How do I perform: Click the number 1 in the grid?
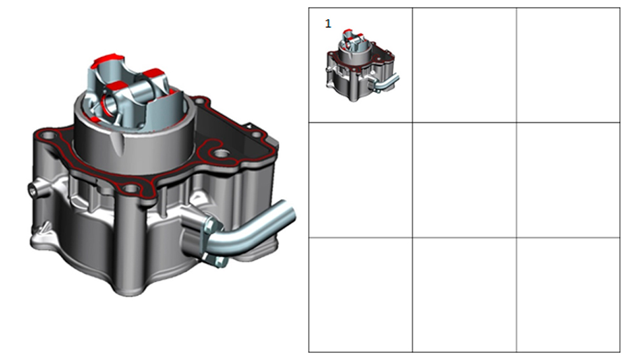[328, 24]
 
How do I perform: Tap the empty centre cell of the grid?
[464, 180]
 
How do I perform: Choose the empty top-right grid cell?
[568, 65]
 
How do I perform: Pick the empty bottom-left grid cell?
[361, 294]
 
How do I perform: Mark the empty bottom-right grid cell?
[568, 294]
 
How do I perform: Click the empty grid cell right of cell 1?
[464, 65]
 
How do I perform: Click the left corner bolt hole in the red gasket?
[48, 135]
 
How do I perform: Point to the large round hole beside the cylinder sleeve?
[221, 154]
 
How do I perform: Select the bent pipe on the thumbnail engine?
[387, 83]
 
